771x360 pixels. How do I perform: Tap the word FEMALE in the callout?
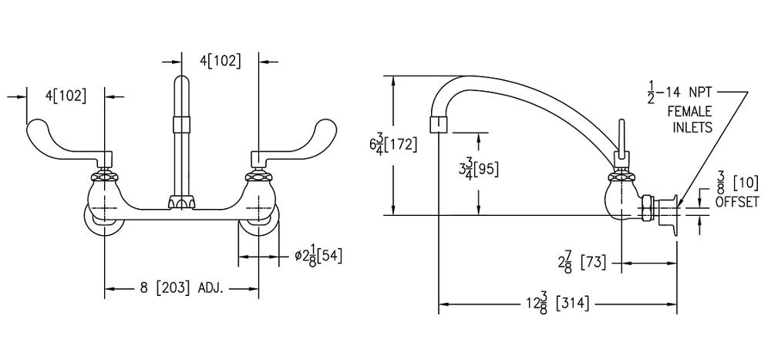[690, 112]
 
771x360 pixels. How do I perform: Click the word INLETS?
[691, 128]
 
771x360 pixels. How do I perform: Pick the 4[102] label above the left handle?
[66, 96]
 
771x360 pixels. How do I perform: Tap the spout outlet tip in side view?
[436, 123]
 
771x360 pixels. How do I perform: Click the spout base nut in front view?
[182, 202]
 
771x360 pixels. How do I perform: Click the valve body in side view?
[621, 198]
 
